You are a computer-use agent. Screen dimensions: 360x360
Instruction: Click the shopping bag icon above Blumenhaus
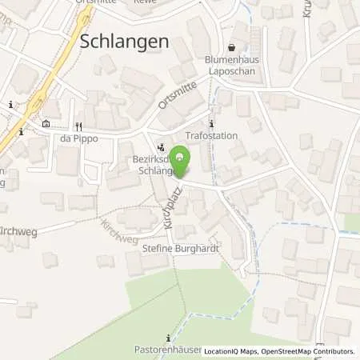[x=232, y=47]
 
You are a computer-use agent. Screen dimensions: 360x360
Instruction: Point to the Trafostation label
[x=211, y=135]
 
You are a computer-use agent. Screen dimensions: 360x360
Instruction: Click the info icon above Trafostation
[x=211, y=123]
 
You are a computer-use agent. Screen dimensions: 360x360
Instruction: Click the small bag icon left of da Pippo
[x=45, y=124]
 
